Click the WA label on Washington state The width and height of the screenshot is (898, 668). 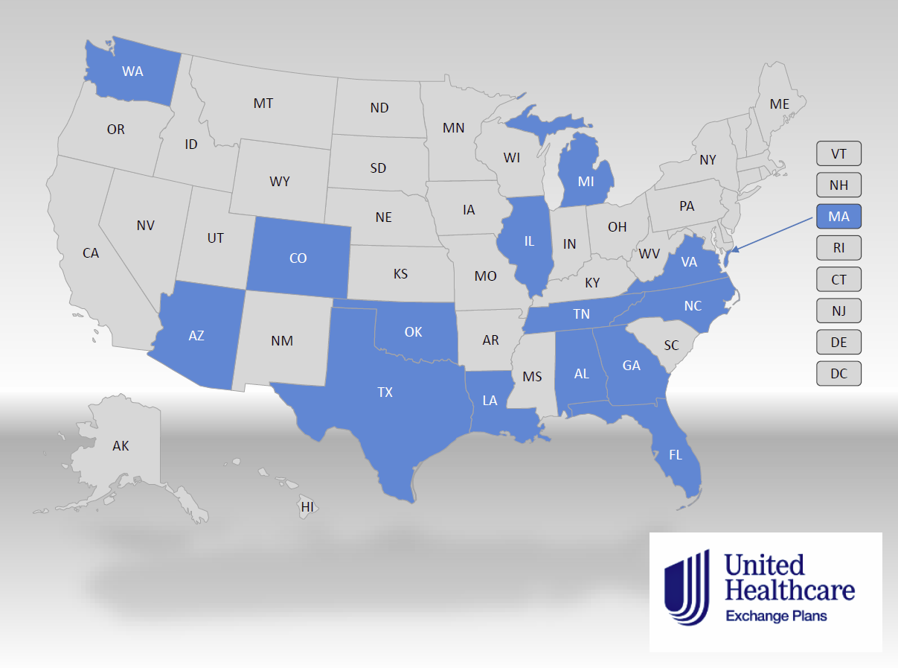click(132, 71)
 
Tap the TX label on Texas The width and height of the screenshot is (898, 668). click(385, 392)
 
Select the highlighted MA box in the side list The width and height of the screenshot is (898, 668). click(838, 216)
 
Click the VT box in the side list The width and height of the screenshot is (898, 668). click(838, 154)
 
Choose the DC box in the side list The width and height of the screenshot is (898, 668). click(838, 373)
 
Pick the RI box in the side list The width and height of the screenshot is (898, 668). click(838, 247)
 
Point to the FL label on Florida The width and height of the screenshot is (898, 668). click(676, 455)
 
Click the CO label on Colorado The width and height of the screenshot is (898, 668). click(298, 258)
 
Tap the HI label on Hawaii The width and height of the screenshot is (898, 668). click(307, 507)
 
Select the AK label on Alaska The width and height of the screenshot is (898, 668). click(121, 446)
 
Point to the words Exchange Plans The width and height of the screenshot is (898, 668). click(776, 616)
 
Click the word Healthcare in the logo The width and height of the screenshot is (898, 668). click(789, 591)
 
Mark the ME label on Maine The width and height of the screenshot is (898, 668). click(780, 104)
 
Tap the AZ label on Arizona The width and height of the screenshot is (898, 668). click(196, 335)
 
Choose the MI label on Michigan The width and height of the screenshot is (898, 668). click(586, 180)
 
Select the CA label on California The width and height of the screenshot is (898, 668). click(91, 253)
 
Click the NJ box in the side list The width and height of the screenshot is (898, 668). click(838, 310)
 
